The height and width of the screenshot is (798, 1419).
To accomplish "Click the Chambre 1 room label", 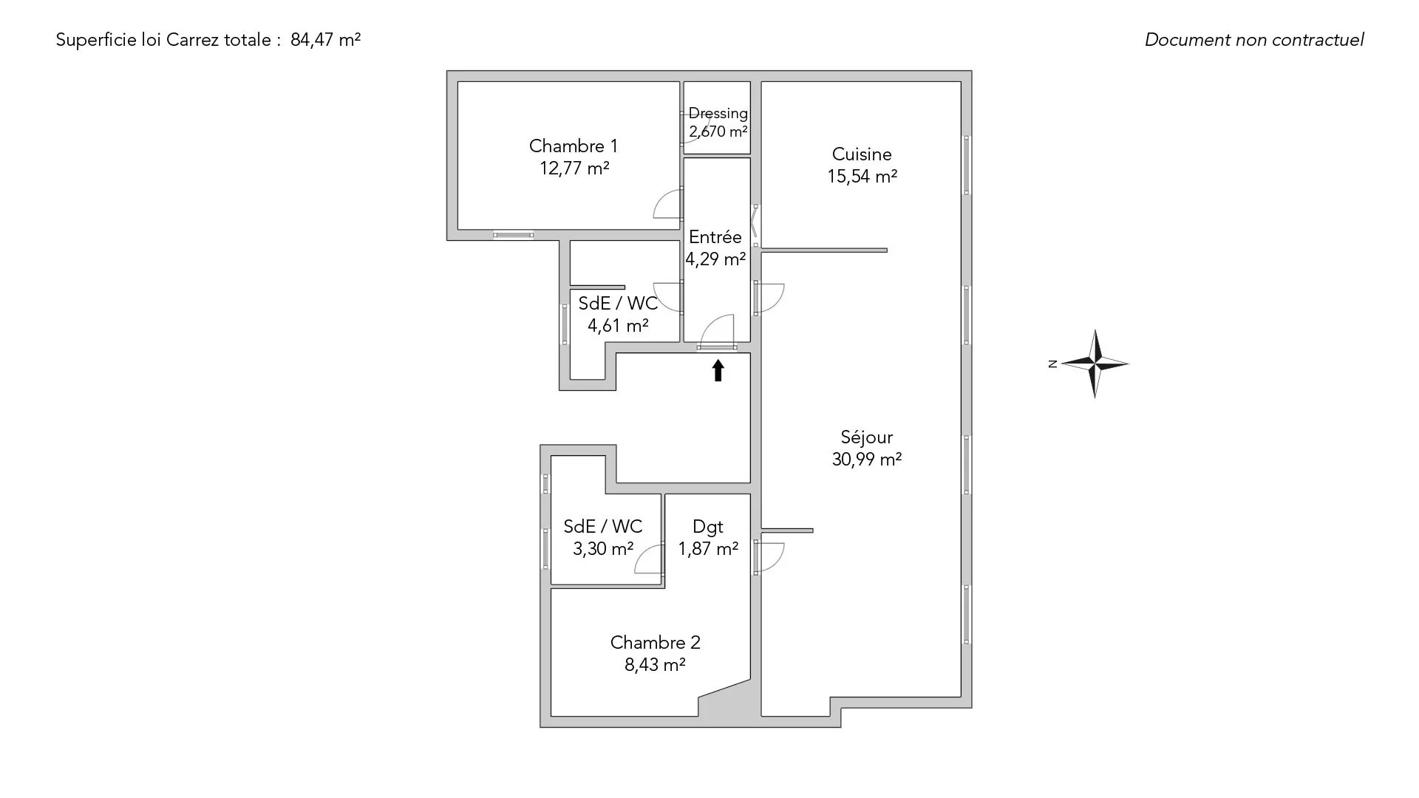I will [x=573, y=146].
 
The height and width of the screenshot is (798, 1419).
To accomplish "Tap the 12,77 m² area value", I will [x=574, y=168].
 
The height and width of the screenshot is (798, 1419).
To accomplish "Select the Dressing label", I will [x=718, y=114].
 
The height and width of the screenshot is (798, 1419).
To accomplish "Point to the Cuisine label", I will [x=862, y=154].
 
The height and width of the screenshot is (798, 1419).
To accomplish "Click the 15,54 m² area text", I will [x=862, y=177].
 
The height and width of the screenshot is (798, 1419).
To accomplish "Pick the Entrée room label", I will [x=715, y=237].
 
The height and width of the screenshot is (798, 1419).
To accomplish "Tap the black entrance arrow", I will [x=718, y=370].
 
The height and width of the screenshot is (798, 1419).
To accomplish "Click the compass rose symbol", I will [x=1095, y=364].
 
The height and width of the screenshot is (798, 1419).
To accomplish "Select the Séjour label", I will [x=866, y=437].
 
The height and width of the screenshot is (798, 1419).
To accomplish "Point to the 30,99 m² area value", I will [x=866, y=460].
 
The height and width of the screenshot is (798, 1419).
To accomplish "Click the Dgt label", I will [x=707, y=527].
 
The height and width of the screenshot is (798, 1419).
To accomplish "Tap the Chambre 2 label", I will [x=655, y=643].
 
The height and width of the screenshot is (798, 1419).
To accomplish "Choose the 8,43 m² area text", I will [x=655, y=665].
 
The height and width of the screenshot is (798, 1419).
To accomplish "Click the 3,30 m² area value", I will [x=603, y=549].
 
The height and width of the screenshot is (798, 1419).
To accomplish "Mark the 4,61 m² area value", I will [x=618, y=326].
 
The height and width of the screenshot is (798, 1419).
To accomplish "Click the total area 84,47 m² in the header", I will [x=325, y=40].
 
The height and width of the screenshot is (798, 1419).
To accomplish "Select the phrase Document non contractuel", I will [x=1254, y=40].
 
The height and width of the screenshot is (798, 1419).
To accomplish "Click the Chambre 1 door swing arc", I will [x=666, y=204].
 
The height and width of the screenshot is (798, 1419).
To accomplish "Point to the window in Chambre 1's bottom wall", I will [x=514, y=235].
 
